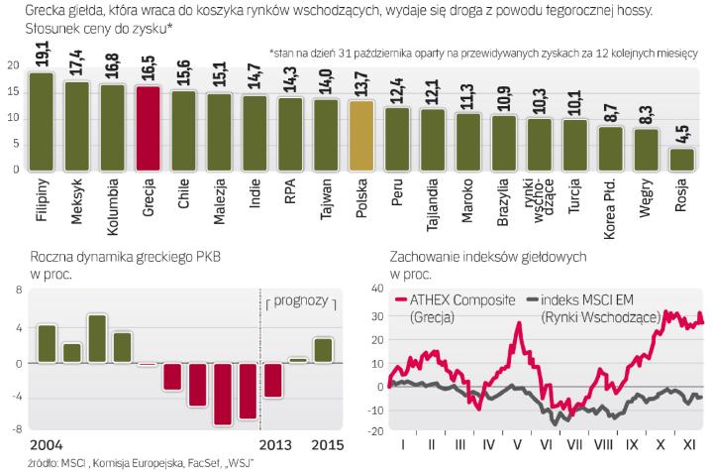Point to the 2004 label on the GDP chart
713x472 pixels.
click(21, 442)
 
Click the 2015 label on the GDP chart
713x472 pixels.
click(327, 442)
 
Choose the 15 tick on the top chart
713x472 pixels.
click(12, 90)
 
